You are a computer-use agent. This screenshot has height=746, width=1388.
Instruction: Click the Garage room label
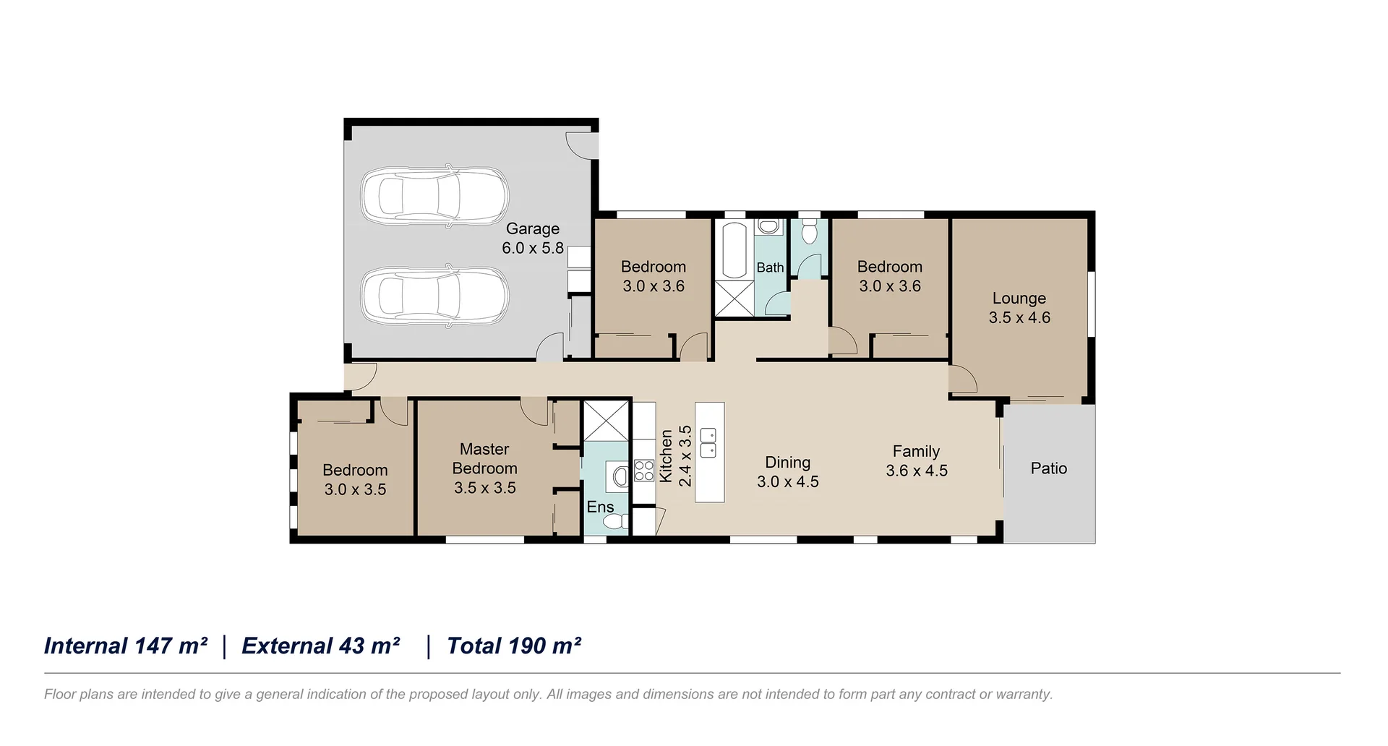(533, 238)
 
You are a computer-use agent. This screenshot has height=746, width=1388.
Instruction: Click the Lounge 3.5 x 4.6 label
(1019, 308)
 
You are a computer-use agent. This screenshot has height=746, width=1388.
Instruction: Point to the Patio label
(1048, 468)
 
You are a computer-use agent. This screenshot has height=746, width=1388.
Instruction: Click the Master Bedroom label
(484, 468)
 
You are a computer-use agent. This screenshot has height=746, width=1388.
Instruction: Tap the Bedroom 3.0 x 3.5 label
(355, 479)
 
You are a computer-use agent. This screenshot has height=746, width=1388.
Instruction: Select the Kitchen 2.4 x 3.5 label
(675, 456)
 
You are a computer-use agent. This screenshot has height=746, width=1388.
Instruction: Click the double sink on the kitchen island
(708, 442)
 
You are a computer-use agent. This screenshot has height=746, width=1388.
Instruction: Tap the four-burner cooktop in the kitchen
(643, 471)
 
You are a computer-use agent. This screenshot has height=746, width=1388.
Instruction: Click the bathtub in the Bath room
(734, 250)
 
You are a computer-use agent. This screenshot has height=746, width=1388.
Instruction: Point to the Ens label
(600, 507)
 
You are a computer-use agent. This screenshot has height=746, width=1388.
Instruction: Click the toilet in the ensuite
(615, 521)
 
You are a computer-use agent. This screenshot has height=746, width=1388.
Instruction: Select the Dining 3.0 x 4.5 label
(787, 472)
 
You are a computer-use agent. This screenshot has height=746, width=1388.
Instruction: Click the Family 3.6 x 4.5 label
(916, 460)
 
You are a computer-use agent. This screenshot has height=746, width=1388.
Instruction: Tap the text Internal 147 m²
(126, 646)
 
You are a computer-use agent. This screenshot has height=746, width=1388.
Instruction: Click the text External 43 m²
(321, 646)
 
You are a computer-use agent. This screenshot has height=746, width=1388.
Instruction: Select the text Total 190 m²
(514, 646)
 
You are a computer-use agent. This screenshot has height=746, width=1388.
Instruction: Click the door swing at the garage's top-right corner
(581, 144)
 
